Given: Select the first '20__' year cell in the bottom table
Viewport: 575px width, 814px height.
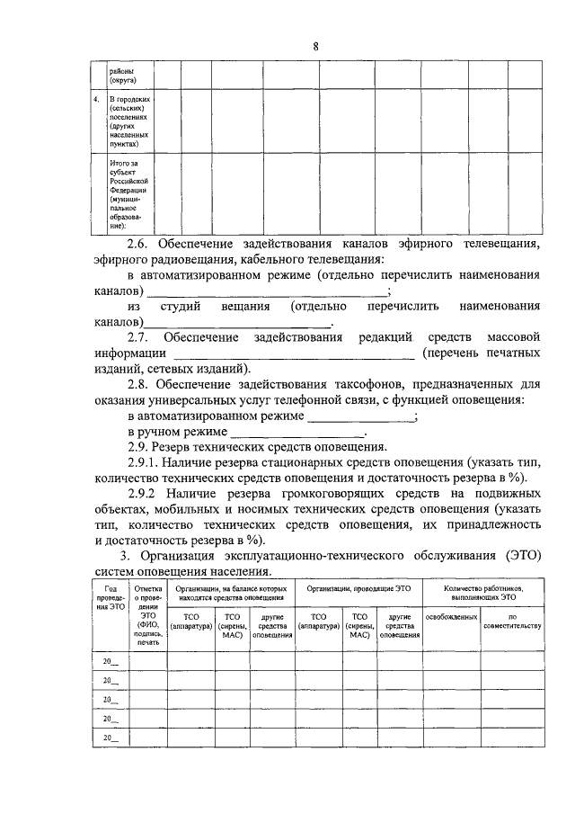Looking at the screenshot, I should [111, 662].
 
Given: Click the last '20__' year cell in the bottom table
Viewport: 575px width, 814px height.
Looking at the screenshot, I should [111, 738].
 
